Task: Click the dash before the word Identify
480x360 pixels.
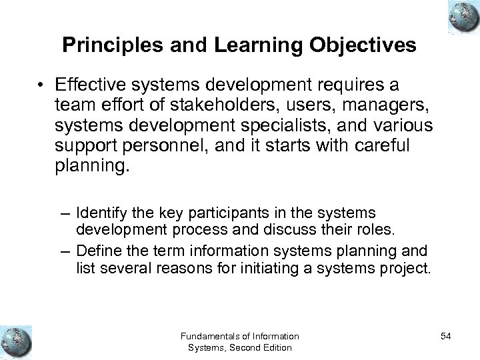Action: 65,213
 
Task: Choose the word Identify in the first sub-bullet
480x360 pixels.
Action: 97,213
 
